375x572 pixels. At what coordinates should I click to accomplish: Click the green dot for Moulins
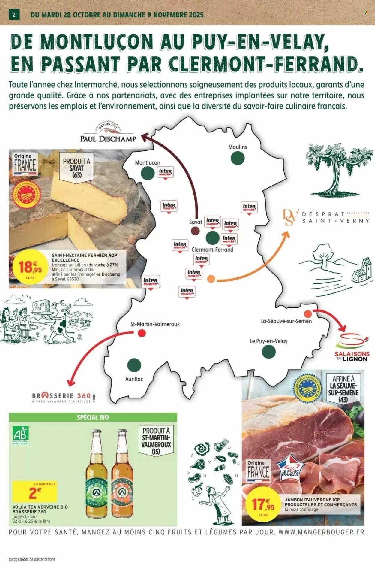238,158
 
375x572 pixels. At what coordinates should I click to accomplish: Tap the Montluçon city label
148,163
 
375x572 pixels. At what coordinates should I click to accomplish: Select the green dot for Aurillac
134,365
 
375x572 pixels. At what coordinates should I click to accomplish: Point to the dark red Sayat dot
195,231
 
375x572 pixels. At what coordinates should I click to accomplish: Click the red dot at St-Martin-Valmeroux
142,333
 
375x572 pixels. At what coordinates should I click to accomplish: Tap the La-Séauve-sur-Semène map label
286,321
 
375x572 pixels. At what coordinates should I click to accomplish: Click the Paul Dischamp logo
108,133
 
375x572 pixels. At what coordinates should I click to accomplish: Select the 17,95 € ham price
264,505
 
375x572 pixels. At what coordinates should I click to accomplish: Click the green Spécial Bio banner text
93,417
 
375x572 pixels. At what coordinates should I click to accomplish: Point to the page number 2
14,15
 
